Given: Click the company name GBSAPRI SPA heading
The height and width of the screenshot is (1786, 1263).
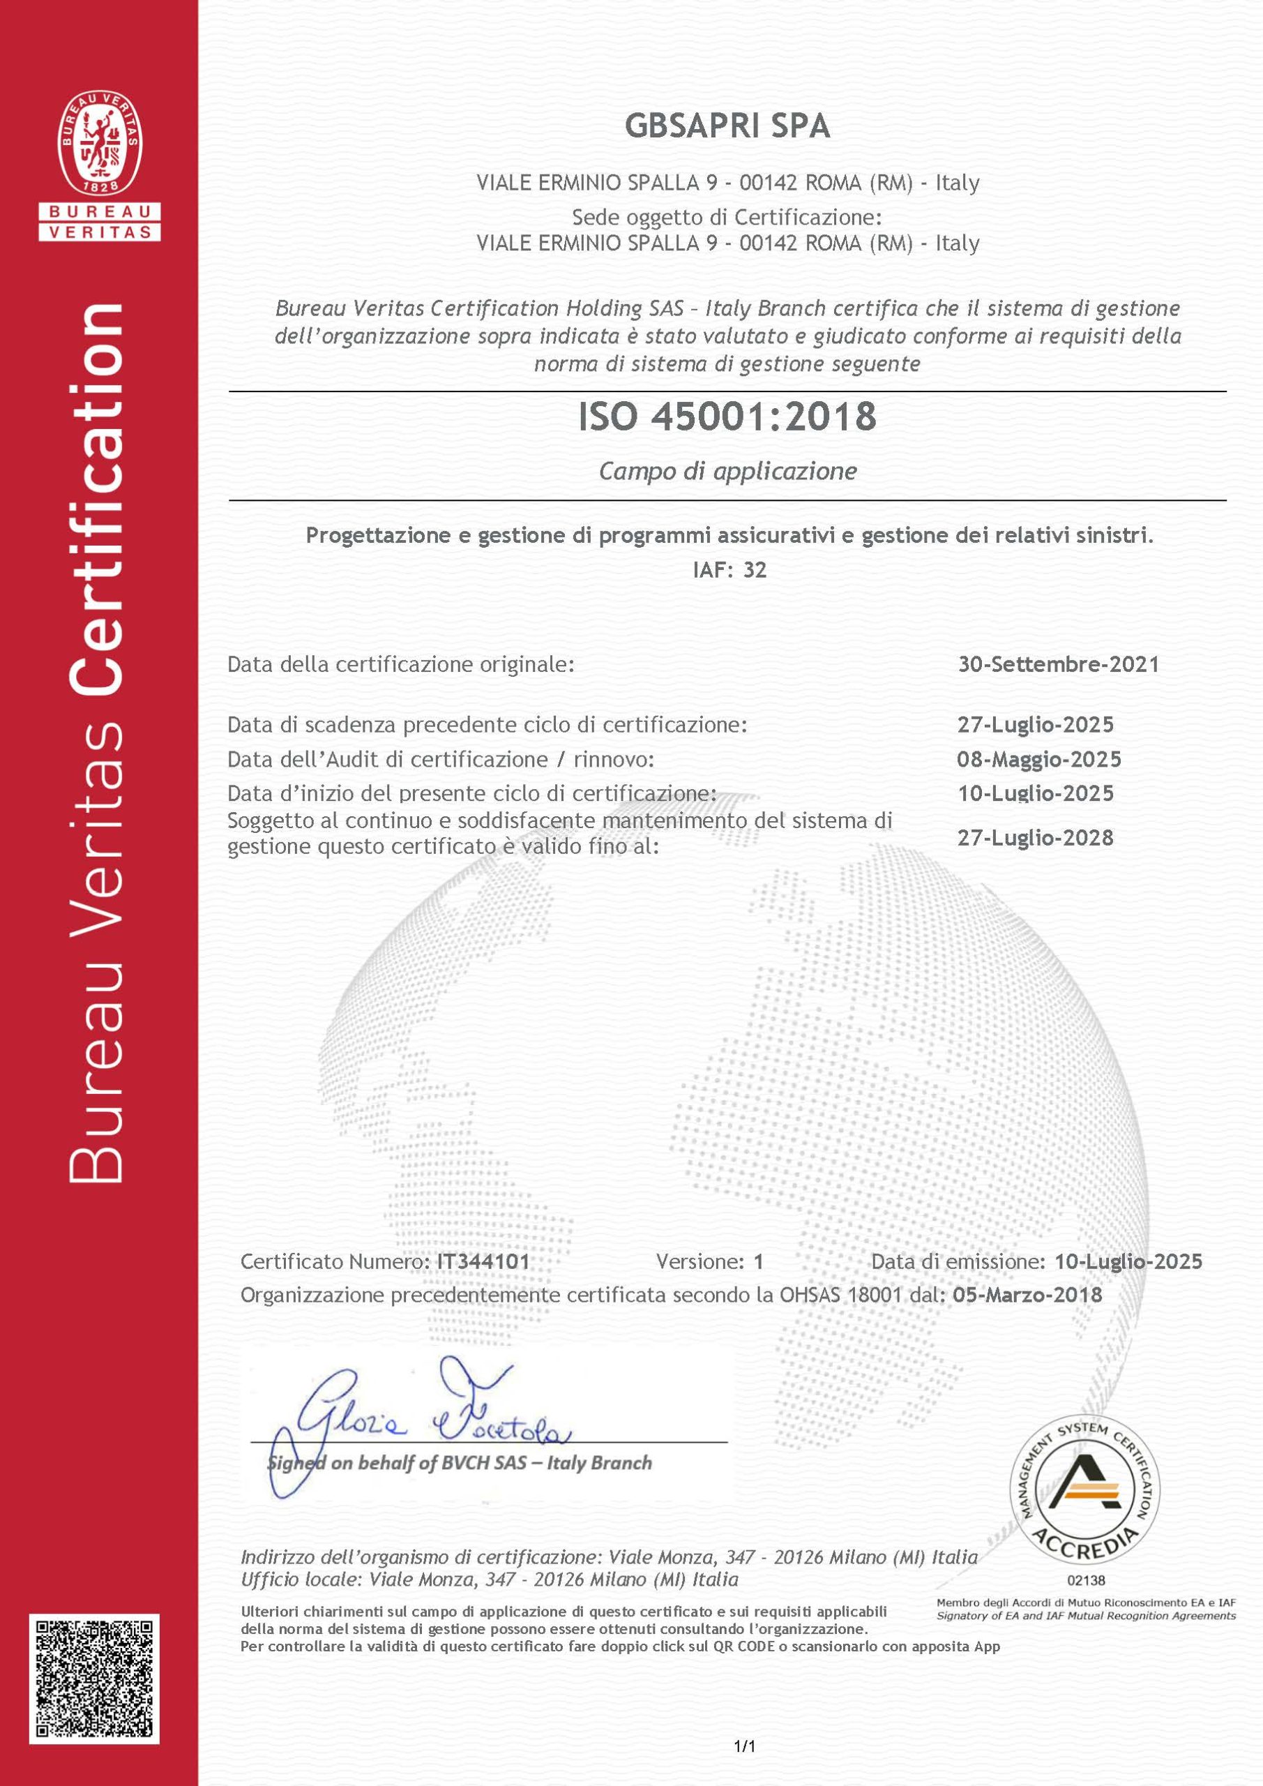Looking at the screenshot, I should click(727, 126).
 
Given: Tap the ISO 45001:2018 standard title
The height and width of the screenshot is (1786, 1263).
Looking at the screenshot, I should click(727, 417).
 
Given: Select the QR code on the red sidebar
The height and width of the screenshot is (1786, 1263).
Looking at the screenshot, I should click(94, 1679).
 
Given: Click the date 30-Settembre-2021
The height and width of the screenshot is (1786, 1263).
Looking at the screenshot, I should click(1059, 664).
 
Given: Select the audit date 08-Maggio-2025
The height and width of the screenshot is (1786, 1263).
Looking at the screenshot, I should click(1039, 759).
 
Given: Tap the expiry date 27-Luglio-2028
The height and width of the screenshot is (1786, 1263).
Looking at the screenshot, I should click(1035, 838).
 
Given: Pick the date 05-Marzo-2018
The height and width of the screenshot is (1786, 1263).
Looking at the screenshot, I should click(1027, 1294).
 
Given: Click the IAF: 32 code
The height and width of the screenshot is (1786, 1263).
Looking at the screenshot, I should click(729, 570).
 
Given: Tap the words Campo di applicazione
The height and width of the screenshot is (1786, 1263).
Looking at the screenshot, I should click(727, 472).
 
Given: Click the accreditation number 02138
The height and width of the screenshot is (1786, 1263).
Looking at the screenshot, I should click(1086, 1580).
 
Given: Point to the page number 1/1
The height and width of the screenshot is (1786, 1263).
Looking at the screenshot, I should click(744, 1746).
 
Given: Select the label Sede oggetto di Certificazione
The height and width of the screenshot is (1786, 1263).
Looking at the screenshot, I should click(727, 216).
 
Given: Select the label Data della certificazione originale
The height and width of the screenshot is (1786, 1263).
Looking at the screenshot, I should click(400, 664).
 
